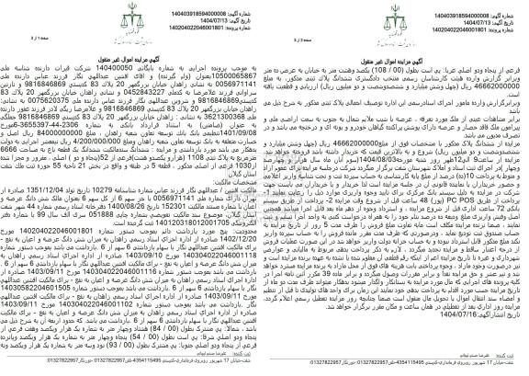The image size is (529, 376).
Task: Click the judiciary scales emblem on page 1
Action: pyautogui.click(x=501, y=17)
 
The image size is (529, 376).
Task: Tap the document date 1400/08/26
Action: pyautogui.click(x=138, y=234)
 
